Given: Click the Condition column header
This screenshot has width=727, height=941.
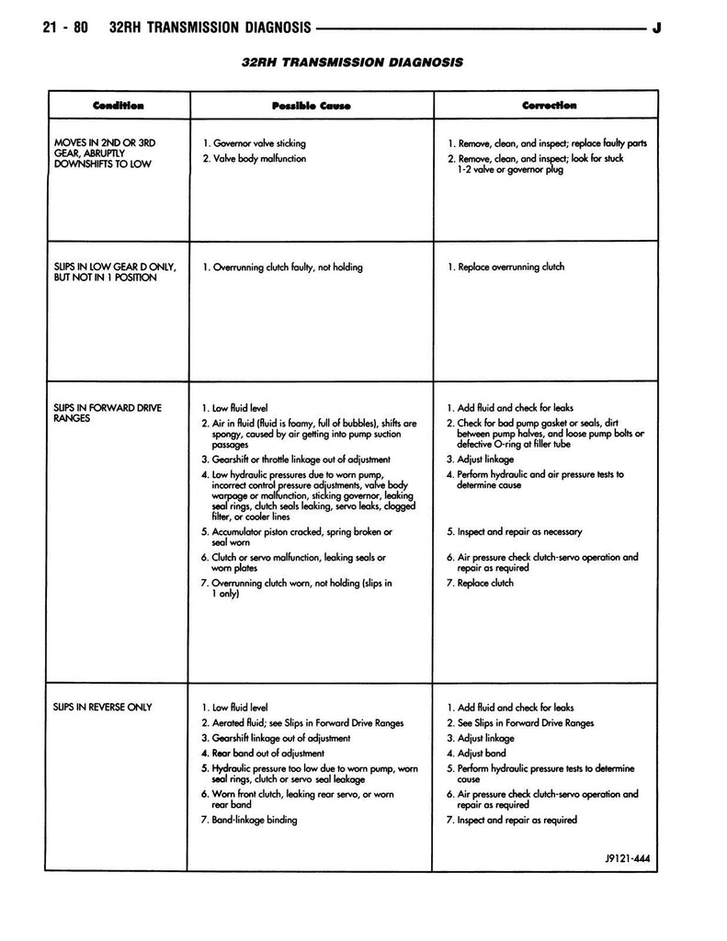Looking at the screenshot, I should (118, 106).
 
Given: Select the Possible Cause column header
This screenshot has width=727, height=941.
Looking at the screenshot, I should (311, 106).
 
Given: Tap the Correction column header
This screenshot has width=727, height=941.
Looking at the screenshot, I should (549, 106).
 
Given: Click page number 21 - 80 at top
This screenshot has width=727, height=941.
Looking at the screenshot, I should (65, 28).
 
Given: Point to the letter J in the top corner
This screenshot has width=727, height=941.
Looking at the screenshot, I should (656, 28).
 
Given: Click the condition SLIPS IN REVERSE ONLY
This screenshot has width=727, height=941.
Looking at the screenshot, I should (103, 707).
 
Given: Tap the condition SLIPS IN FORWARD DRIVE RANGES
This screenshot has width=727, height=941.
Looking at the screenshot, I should (108, 412).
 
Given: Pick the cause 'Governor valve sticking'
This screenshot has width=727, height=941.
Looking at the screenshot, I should (258, 143).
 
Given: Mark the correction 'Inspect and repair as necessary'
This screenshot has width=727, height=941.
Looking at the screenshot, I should (519, 531).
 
